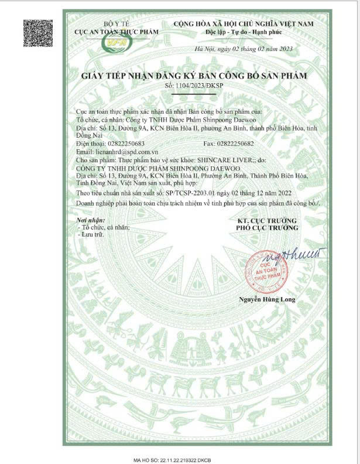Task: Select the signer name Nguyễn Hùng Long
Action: click(266, 300)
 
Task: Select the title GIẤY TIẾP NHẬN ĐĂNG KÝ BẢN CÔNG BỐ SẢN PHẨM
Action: click(194, 76)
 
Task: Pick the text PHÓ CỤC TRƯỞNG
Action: click(266, 227)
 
